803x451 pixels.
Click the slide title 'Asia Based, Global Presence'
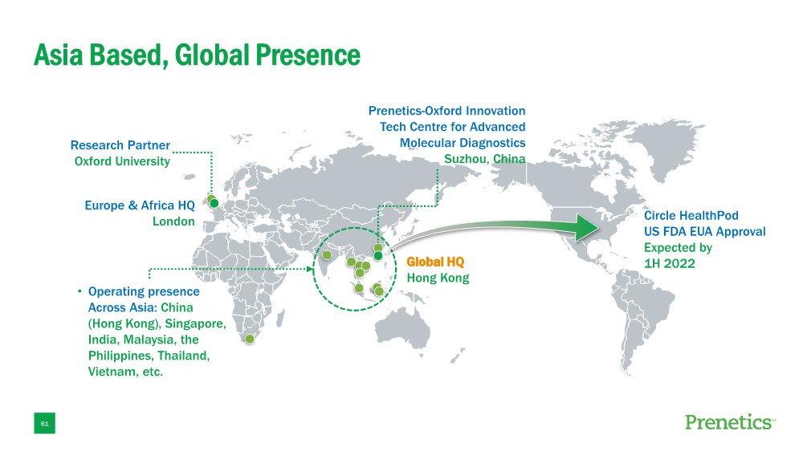[x=198, y=55]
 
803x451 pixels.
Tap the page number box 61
[x=44, y=424]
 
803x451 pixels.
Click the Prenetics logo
[x=730, y=422]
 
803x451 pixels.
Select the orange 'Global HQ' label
[x=435, y=262]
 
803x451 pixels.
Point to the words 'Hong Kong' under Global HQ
[x=438, y=278]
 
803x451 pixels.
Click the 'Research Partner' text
[x=120, y=145]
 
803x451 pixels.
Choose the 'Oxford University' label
[x=122, y=162]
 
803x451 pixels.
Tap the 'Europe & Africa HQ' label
[x=140, y=205]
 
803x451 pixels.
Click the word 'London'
[x=173, y=221]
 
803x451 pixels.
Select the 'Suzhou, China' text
[x=484, y=159]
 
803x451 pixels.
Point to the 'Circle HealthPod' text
[x=691, y=216]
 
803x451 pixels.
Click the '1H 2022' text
[x=670, y=264]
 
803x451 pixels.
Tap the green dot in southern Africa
[x=250, y=339]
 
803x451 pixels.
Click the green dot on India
[x=327, y=255]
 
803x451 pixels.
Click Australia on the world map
[x=404, y=328]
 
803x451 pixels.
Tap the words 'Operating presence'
[x=144, y=292]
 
